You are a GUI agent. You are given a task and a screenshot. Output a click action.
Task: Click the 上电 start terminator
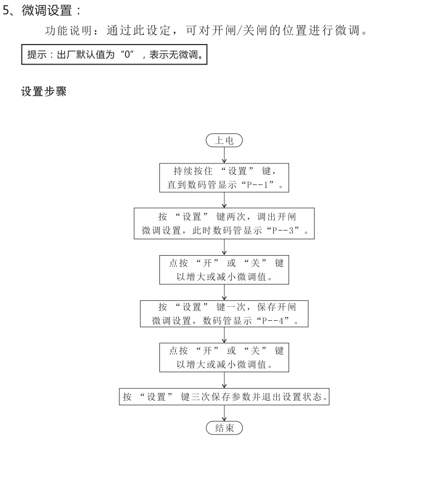coord(224,140)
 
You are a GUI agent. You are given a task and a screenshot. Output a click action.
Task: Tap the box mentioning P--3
coord(225,223)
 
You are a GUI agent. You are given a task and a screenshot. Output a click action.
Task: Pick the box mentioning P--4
coord(225,314)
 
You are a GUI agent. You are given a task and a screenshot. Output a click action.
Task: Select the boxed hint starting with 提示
coord(114,55)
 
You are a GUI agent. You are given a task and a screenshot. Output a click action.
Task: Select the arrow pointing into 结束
coord(225,413)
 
